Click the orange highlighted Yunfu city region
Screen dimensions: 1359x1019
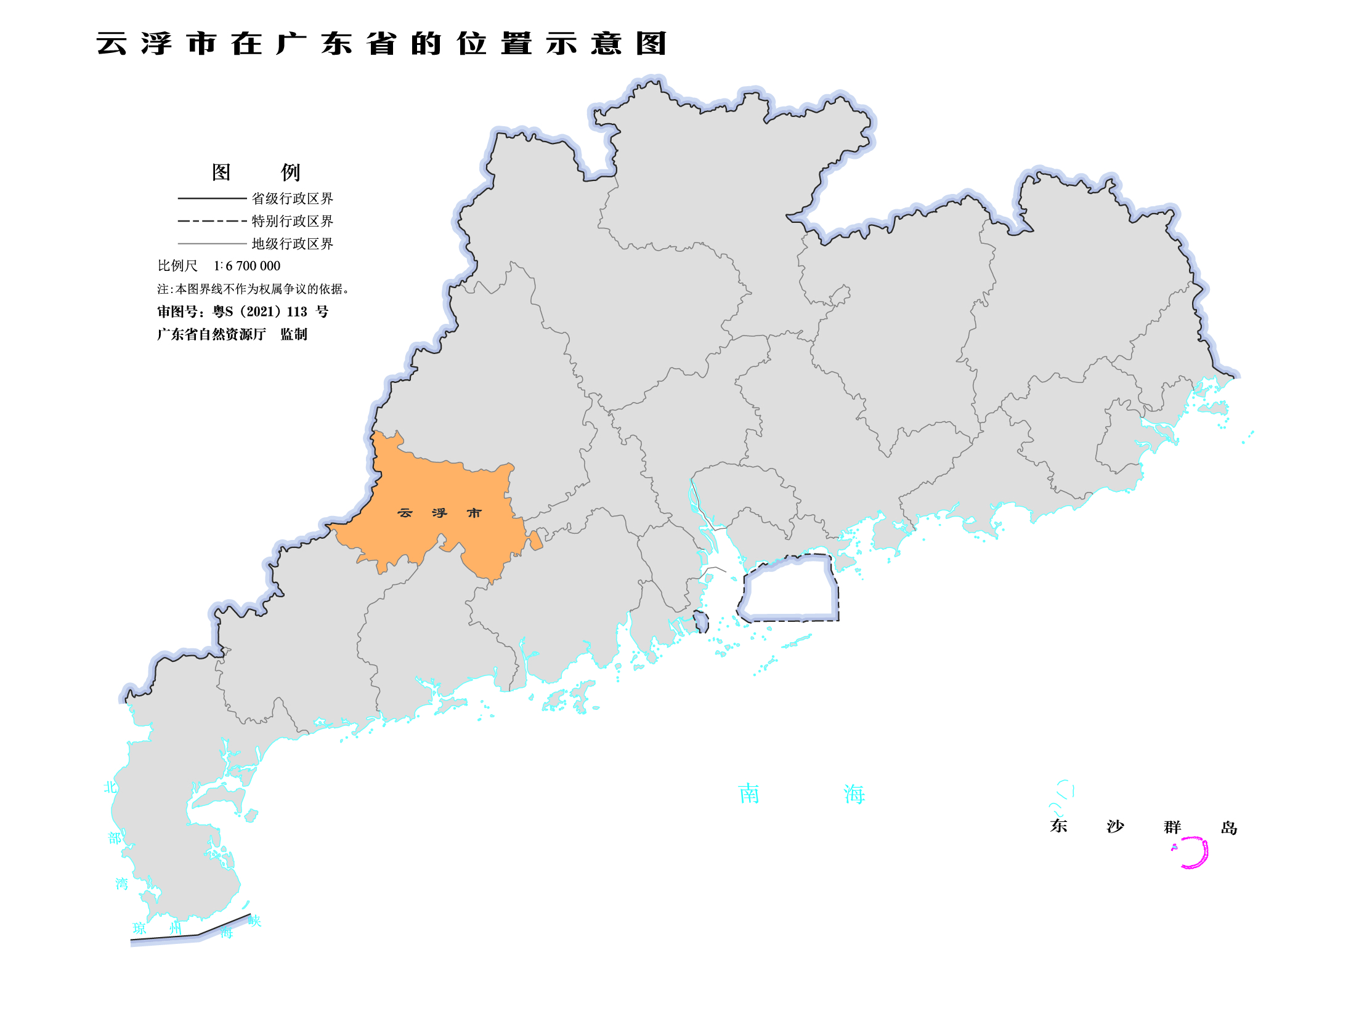[x=431, y=486]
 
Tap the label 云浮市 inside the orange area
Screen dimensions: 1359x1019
[x=439, y=513]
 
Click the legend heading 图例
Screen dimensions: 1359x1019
[x=255, y=172]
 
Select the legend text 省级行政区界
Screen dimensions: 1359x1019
[x=292, y=198]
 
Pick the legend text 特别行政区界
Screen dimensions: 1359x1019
[x=292, y=221]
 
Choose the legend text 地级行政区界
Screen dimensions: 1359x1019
[x=292, y=244]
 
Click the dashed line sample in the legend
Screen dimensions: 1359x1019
[x=211, y=221]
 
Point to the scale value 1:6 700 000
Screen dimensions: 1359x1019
[x=246, y=266]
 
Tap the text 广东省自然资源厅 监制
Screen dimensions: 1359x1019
[x=232, y=334]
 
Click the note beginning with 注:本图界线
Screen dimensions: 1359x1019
[x=253, y=289]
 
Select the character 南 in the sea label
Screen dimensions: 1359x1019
[x=748, y=794]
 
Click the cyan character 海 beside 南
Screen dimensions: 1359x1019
[x=854, y=794]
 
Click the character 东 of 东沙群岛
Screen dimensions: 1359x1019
[x=1058, y=826]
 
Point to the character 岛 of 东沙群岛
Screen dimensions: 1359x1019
[x=1228, y=828]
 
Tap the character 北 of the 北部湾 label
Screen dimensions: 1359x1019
[x=110, y=787]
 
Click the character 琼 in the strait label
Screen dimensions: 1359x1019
[x=140, y=928]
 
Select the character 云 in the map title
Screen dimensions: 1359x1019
[x=112, y=44]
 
